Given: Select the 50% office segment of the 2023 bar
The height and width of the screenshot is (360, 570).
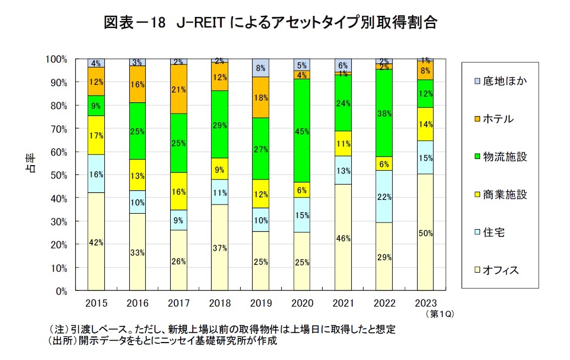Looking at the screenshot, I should click(426, 233).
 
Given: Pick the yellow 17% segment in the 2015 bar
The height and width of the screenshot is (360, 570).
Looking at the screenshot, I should click(96, 135).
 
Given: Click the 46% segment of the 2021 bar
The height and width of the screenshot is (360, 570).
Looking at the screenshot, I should click(344, 238).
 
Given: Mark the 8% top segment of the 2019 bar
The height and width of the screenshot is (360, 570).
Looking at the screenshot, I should click(261, 68).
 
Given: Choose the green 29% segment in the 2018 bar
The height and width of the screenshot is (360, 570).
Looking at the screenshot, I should click(220, 124).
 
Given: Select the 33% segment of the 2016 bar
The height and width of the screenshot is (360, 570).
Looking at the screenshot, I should click(138, 252).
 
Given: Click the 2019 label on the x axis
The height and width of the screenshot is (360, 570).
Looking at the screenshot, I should click(261, 303).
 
